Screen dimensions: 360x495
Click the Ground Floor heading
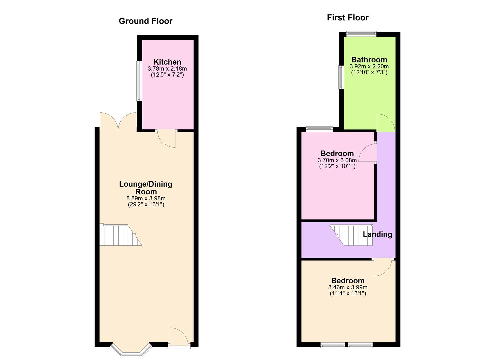[x=145, y=21]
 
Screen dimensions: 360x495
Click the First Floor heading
[x=347, y=18]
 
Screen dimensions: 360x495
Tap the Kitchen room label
[x=167, y=62]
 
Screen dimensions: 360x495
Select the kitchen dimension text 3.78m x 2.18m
[x=167, y=69]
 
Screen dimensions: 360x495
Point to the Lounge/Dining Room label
[x=146, y=188]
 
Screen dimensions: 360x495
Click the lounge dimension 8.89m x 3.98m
[x=146, y=198]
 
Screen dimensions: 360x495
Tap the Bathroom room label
[x=369, y=60]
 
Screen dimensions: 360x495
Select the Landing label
[x=377, y=234]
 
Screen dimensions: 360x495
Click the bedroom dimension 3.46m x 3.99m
[x=348, y=287]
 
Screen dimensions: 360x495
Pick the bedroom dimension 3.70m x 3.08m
[x=337, y=160]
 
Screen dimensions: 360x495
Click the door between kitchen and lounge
[x=167, y=138]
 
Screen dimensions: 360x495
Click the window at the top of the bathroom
[x=361, y=34]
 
